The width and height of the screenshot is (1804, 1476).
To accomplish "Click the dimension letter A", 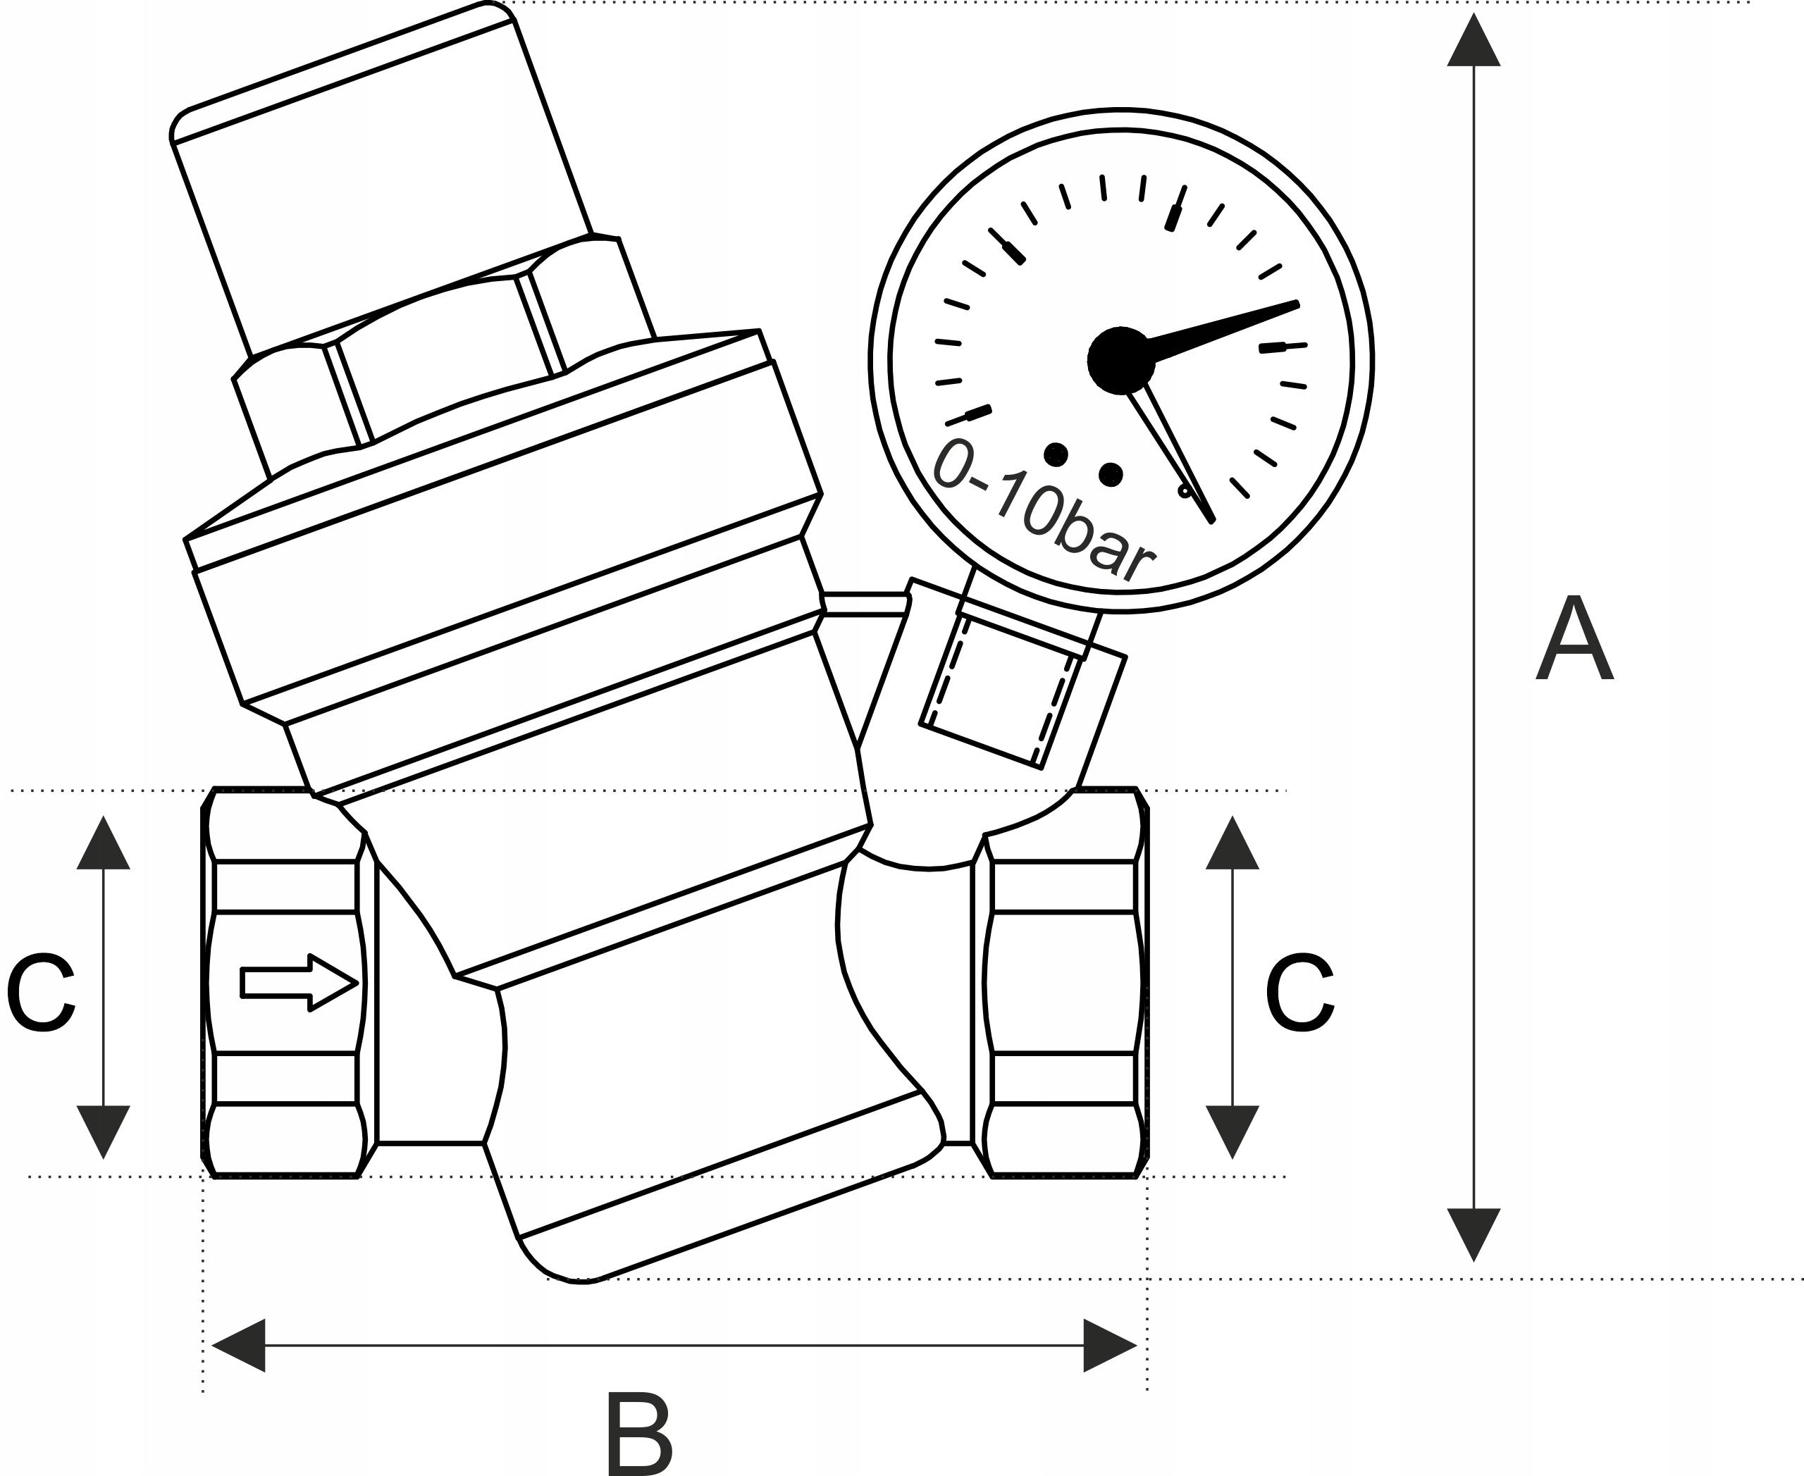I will click(1574, 638).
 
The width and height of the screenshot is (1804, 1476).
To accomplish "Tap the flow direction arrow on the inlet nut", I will click(297, 983).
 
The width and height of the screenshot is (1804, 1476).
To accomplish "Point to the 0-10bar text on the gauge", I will click(1043, 511).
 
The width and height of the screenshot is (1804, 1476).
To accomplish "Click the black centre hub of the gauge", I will click(1121, 361).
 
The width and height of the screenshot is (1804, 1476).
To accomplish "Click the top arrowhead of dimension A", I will click(1473, 41).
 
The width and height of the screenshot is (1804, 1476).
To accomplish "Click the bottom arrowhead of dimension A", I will click(1473, 1233).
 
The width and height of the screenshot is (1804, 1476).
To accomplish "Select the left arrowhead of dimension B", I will click(240, 1345).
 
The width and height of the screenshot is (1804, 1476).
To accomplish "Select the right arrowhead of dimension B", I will click(1109, 1345).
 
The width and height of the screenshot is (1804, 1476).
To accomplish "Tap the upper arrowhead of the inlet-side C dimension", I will click(104, 844).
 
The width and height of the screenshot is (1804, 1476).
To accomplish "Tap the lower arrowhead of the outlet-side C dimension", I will click(1232, 1130).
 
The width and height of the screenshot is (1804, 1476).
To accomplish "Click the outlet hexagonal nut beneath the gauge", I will click(1063, 983).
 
